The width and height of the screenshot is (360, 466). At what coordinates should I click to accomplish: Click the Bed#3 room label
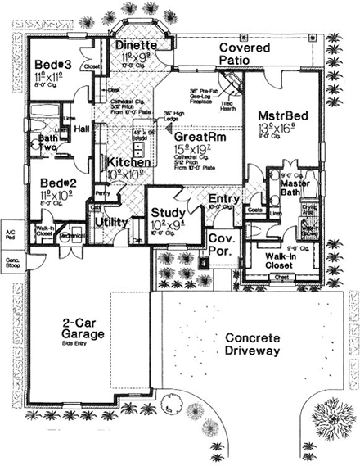click(52, 66)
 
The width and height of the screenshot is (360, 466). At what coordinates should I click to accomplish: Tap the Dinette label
click(129, 46)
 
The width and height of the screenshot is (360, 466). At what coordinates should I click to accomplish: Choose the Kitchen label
click(120, 165)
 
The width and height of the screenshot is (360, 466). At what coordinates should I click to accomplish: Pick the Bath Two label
click(48, 144)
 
